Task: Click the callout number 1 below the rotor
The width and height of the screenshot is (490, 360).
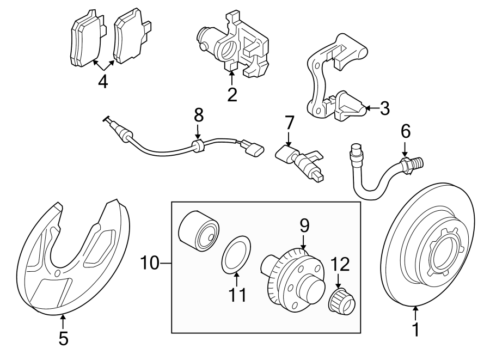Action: [x=415, y=330]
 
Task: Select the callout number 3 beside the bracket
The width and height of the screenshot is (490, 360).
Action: [x=384, y=108]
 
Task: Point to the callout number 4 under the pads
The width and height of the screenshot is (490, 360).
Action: [x=103, y=82]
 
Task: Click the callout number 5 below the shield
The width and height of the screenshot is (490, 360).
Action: [x=63, y=338]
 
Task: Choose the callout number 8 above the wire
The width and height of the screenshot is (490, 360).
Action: [x=198, y=115]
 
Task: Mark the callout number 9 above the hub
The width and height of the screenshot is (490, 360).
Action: [x=304, y=224]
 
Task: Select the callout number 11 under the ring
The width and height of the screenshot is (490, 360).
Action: [x=237, y=294]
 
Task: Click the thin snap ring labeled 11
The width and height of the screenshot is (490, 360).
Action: [x=236, y=254]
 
